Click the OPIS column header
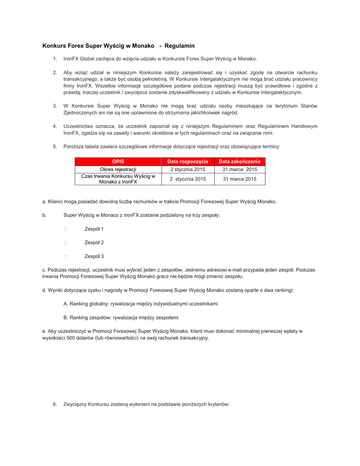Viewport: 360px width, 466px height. (118, 161)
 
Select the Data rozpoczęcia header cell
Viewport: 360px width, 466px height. (188, 161)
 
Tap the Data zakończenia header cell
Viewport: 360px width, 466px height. (239, 161)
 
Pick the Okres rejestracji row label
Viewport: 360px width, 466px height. (118, 169)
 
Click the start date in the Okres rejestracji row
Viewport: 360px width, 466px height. (188, 169)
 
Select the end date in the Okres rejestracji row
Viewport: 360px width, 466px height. (239, 169)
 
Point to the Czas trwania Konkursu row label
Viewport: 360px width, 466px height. (118, 179)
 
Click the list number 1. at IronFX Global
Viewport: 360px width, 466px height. (55, 59)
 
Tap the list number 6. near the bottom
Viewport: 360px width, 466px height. (55, 404)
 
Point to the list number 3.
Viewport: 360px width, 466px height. (55, 106)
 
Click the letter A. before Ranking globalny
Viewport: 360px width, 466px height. (66, 304)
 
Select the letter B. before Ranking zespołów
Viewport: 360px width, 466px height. (66, 317)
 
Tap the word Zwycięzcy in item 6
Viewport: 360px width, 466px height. (75, 404)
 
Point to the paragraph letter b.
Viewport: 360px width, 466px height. (44, 215)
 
